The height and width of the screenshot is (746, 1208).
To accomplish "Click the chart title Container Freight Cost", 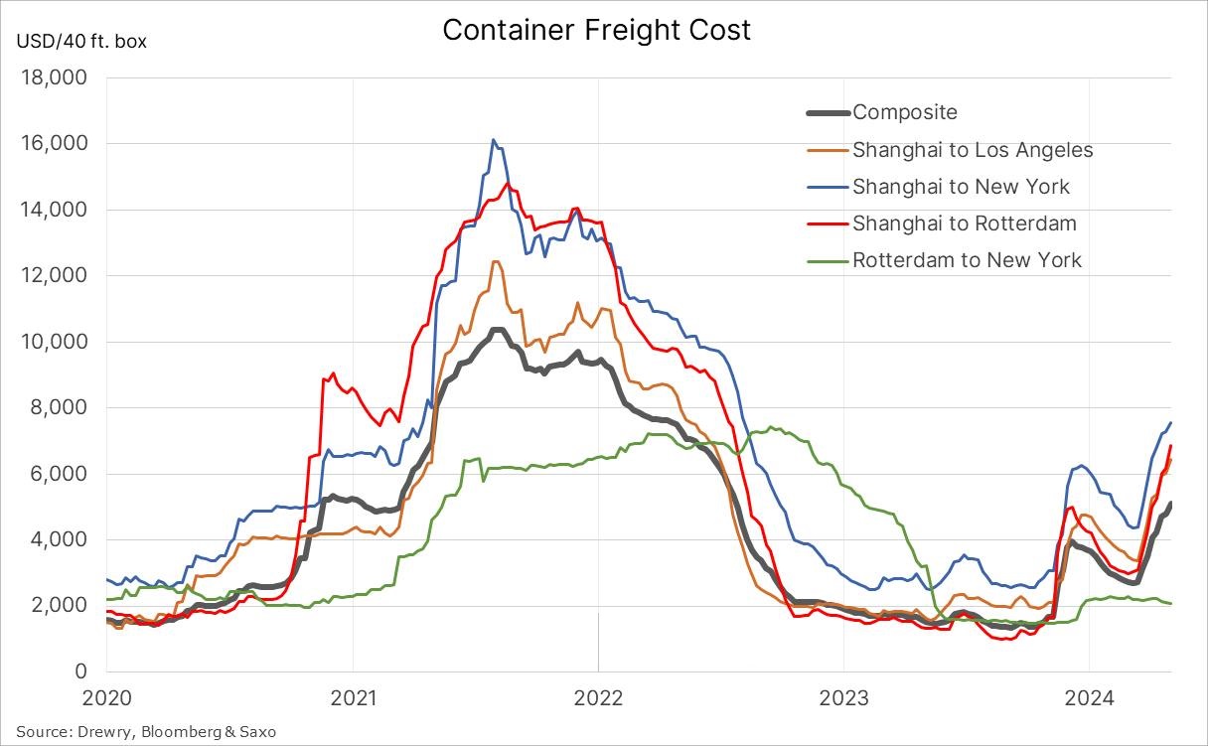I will [x=596, y=30].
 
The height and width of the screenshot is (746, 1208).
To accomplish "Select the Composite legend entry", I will [x=904, y=112].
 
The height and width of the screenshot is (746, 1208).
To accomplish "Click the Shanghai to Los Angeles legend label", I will [x=972, y=150].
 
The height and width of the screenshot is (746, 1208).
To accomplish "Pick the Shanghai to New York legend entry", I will [x=961, y=187].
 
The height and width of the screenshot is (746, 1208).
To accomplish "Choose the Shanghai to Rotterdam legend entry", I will [x=964, y=224].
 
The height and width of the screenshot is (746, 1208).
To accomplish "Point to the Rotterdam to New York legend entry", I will [x=967, y=260].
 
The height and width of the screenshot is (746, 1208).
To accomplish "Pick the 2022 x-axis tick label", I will [x=598, y=697].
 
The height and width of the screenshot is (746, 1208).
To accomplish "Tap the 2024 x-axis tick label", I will [x=1088, y=697].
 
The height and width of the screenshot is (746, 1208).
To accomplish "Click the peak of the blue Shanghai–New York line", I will [x=493, y=140].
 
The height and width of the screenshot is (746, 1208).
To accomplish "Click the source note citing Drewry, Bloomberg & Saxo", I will [x=146, y=732].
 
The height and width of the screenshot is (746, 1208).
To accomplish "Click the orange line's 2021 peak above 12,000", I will [x=495, y=261].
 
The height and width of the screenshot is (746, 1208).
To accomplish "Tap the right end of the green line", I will [x=1170, y=603].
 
